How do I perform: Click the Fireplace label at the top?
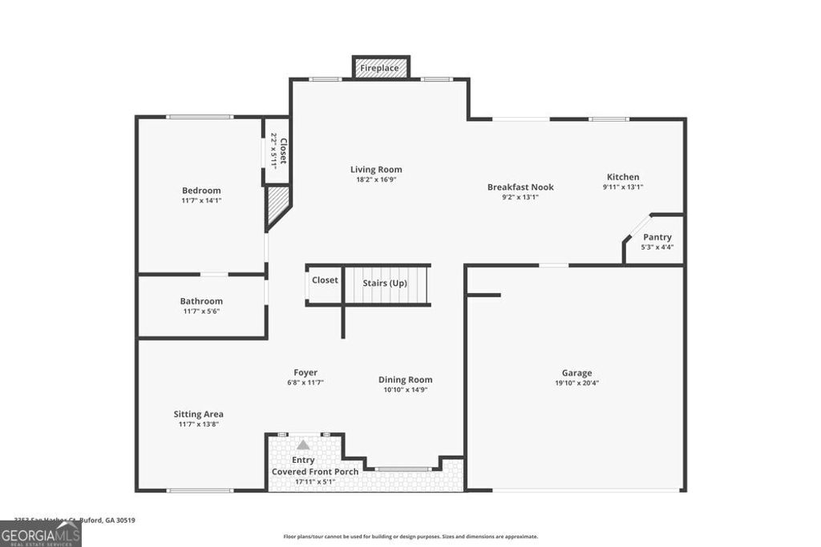pyautogui.click(x=379, y=68)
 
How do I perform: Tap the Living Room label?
pyautogui.click(x=376, y=170)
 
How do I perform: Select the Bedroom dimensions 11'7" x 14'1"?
pyautogui.click(x=201, y=201)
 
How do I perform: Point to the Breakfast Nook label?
pyautogui.click(x=520, y=187)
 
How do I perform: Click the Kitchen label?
pyautogui.click(x=622, y=177)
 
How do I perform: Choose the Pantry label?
pyautogui.click(x=657, y=237)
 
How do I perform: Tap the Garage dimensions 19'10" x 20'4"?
pyautogui.click(x=576, y=383)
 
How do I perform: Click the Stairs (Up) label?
pyautogui.click(x=385, y=283)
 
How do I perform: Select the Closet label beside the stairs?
pyautogui.click(x=325, y=280)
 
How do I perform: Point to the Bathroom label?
pyautogui.click(x=201, y=301)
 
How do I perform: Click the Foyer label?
pyautogui.click(x=305, y=372)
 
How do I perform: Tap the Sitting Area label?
pyautogui.click(x=198, y=414)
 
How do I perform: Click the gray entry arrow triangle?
pyautogui.click(x=303, y=444)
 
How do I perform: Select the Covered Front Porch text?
pyautogui.click(x=315, y=472)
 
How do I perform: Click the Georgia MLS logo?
pyautogui.click(x=40, y=534)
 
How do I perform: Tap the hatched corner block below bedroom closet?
pyautogui.click(x=277, y=203)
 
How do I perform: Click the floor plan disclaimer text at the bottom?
pyautogui.click(x=410, y=537)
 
